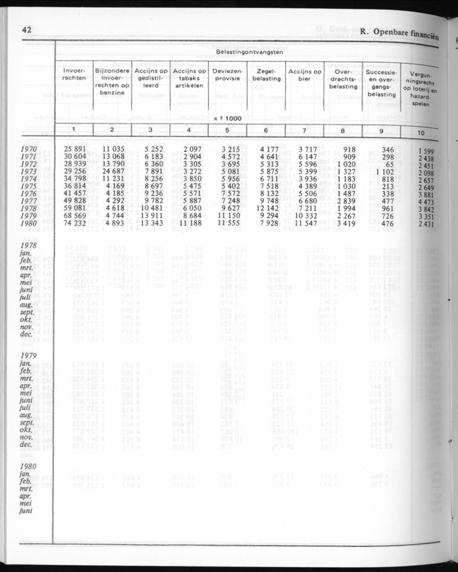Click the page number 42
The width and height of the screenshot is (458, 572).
27,30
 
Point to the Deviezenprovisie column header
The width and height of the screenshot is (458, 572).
227,75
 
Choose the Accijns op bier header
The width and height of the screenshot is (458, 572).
305,75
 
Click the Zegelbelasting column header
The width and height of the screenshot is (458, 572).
267,75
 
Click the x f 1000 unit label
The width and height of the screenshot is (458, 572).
226,118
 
